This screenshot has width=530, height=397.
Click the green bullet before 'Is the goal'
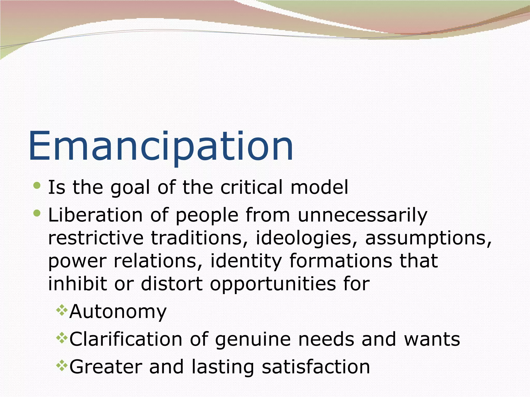coord(37,186)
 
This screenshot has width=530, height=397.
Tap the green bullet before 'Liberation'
coord(37,213)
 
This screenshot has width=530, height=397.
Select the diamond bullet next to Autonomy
coord(62,310)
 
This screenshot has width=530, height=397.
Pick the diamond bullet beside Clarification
coord(62,338)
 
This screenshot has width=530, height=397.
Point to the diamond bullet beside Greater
coord(62,365)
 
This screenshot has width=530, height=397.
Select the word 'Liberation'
coord(95,215)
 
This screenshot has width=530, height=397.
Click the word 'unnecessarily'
coord(362,215)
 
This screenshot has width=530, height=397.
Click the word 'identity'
coord(246,261)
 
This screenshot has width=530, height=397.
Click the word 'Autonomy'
coord(118,312)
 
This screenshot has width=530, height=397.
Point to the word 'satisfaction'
coord(316,367)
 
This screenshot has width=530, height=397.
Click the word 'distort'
coord(172,284)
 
